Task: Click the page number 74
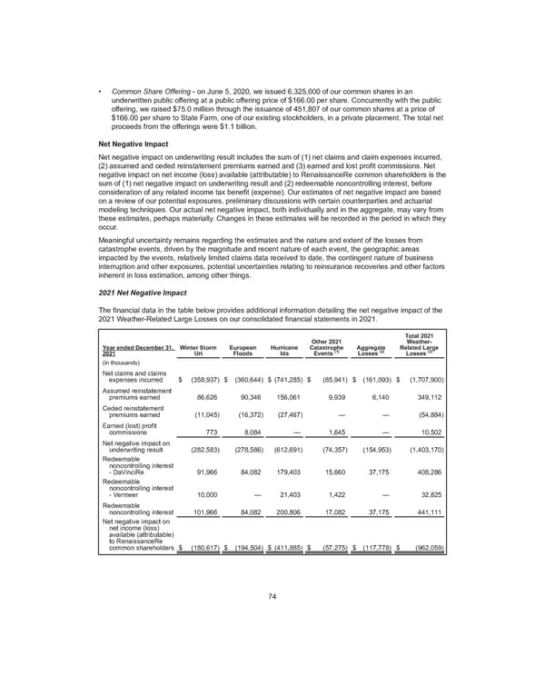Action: click(x=272, y=621)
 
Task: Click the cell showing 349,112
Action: click(x=425, y=396)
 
